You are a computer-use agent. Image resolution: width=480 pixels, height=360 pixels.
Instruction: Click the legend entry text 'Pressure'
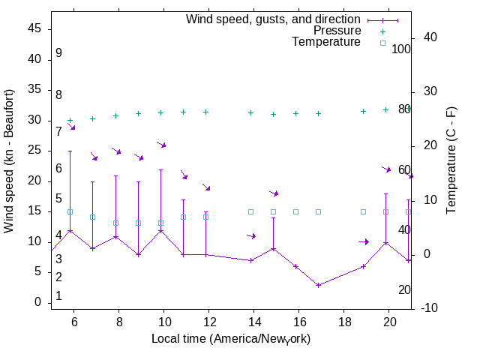[337, 31]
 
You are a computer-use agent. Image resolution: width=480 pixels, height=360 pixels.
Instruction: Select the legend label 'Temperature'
[326, 42]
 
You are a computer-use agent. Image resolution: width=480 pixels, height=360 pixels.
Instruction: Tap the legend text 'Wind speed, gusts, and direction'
[274, 19]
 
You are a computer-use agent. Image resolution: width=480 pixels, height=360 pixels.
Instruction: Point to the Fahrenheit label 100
[401, 49]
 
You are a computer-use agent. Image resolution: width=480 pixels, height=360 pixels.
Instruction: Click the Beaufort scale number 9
[58, 53]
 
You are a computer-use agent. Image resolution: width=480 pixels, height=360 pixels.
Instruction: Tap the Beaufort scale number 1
[58, 296]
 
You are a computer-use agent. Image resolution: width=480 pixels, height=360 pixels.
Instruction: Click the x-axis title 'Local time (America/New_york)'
[231, 339]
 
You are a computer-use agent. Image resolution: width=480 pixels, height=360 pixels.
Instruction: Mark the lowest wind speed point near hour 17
[318, 285]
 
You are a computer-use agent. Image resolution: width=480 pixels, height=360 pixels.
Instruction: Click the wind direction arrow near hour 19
[364, 241]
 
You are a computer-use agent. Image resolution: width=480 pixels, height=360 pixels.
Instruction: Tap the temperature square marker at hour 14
[250, 211]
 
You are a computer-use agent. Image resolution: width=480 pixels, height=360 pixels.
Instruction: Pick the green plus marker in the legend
[382, 31]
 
